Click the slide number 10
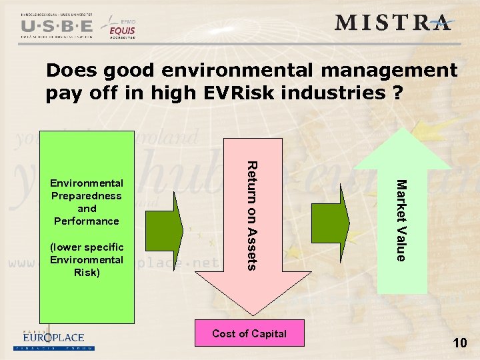(459, 343)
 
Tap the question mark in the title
(397, 93)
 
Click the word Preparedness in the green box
(86, 195)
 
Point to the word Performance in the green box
(86, 221)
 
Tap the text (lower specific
(86, 247)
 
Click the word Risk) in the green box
(86, 272)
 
